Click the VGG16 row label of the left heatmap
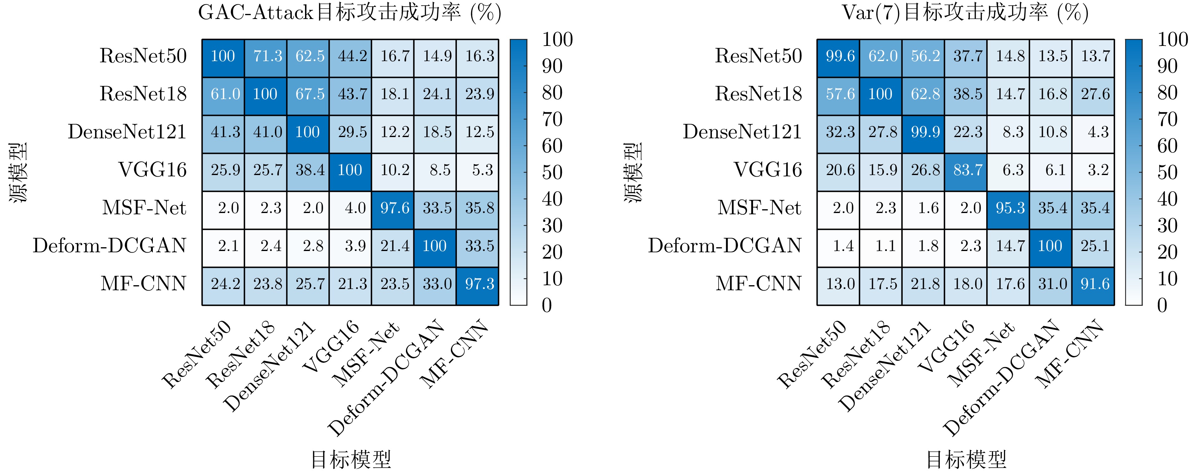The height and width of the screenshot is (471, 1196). [152, 170]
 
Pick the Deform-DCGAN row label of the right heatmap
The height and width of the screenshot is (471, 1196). [725, 245]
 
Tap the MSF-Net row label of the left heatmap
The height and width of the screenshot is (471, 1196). [144, 208]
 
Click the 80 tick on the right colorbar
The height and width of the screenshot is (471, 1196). [1167, 93]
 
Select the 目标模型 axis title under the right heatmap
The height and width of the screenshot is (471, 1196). [966, 459]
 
